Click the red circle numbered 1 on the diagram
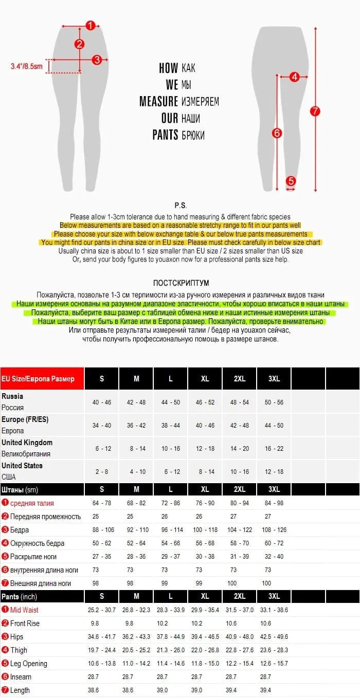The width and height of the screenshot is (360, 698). click(x=91, y=25)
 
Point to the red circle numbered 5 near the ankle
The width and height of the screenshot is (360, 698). click(x=291, y=180)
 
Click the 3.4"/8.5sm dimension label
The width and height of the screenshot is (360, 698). click(x=27, y=66)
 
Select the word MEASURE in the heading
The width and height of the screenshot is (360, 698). click(x=158, y=101)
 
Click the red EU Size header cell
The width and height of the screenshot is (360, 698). click(x=42, y=379)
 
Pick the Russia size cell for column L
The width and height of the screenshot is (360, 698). click(x=171, y=402)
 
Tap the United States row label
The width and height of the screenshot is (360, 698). click(x=22, y=466)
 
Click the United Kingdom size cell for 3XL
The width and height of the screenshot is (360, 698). click(x=274, y=448)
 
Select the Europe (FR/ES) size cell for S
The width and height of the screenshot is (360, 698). click(x=102, y=425)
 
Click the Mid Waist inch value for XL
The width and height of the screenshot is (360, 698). click(x=205, y=610)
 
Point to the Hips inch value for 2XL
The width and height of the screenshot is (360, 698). click(x=240, y=636)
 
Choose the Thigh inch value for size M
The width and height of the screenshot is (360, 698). click(x=136, y=650)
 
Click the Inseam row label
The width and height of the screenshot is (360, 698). click(x=21, y=676)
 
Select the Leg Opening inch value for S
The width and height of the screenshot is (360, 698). click(x=102, y=663)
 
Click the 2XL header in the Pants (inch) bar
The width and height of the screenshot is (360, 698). click(x=240, y=596)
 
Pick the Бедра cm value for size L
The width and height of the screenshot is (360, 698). click(x=171, y=529)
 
